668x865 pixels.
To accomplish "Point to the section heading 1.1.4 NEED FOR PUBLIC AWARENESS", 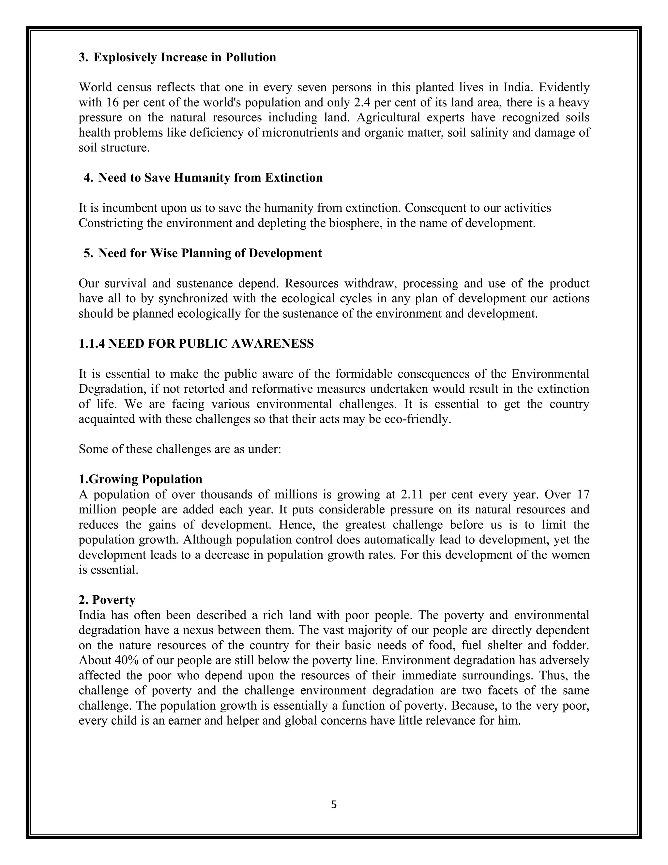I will pyautogui.click(x=196, y=343).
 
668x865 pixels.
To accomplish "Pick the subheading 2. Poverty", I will pyautogui.click(x=107, y=600).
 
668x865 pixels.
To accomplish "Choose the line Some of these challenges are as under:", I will pyautogui.click(x=180, y=449).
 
